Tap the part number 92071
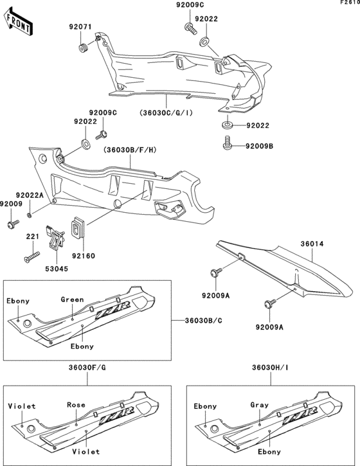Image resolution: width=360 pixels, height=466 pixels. click(82, 28)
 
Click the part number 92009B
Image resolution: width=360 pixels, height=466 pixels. click(260, 146)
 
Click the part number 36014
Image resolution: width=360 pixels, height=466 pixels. click(313, 244)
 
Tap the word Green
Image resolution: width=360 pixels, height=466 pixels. click(72, 300)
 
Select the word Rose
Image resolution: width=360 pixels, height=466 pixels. click(76, 405)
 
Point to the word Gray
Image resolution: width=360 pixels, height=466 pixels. click(258, 405)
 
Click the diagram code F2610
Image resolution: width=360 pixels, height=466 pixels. click(349, 4)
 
